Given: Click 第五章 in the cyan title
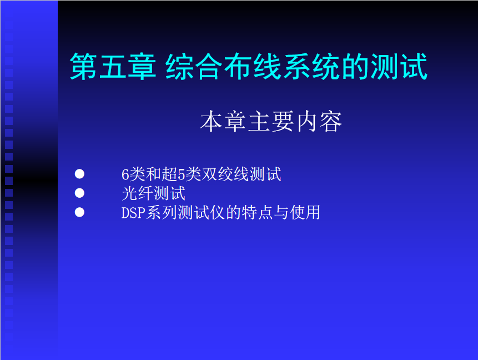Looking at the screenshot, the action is pos(113,67).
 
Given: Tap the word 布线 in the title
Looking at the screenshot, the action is pos(252,67).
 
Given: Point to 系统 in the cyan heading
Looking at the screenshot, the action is pos(311,67).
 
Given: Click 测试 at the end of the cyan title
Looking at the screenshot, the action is pos(399,67).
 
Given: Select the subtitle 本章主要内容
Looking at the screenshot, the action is pos(271,122).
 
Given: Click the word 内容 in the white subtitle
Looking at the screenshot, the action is pos(319,122).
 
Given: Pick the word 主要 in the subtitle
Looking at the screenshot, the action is pos(271,122).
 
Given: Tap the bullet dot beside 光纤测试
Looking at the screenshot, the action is pos(79,193).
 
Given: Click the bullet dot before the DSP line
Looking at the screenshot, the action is pos(79,212).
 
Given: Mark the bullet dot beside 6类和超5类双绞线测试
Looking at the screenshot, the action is pos(79,174).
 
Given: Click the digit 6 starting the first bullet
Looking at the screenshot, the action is pos(125,174).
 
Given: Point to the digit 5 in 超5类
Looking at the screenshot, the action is pos(182,174).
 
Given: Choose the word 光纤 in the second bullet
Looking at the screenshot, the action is pos(137,193).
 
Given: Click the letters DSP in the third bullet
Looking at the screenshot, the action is pos(133,213).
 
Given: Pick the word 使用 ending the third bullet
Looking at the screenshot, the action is pos(305,213).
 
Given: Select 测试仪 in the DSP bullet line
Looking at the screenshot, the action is pos(201,213).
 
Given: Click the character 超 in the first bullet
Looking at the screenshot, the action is pos(169,174).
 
